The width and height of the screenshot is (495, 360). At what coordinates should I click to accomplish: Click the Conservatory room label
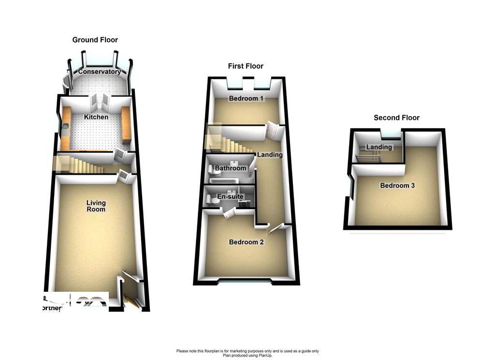[x=100, y=72]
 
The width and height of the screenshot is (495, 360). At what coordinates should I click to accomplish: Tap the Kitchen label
[x=96, y=117]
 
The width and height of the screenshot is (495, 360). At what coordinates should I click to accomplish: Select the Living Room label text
[x=96, y=206]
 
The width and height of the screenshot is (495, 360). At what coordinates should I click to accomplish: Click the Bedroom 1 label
[x=247, y=99]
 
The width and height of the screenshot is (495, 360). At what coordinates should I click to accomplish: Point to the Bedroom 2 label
[x=247, y=242]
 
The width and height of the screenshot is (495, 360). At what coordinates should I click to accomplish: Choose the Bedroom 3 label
[x=397, y=185]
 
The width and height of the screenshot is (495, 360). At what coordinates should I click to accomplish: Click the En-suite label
[x=230, y=197]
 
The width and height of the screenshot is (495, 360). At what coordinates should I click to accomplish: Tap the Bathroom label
[x=231, y=168]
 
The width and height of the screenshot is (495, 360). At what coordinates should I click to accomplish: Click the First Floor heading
[x=246, y=66]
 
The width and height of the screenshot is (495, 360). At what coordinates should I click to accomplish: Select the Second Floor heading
[x=396, y=118]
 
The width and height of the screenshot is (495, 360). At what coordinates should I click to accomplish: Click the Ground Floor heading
[x=95, y=40]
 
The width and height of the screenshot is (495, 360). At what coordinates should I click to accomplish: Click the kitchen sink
[x=65, y=127]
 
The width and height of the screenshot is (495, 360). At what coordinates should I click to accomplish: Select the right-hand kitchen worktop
[x=127, y=125]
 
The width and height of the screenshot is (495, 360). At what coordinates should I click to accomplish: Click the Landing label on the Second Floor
[x=379, y=147]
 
